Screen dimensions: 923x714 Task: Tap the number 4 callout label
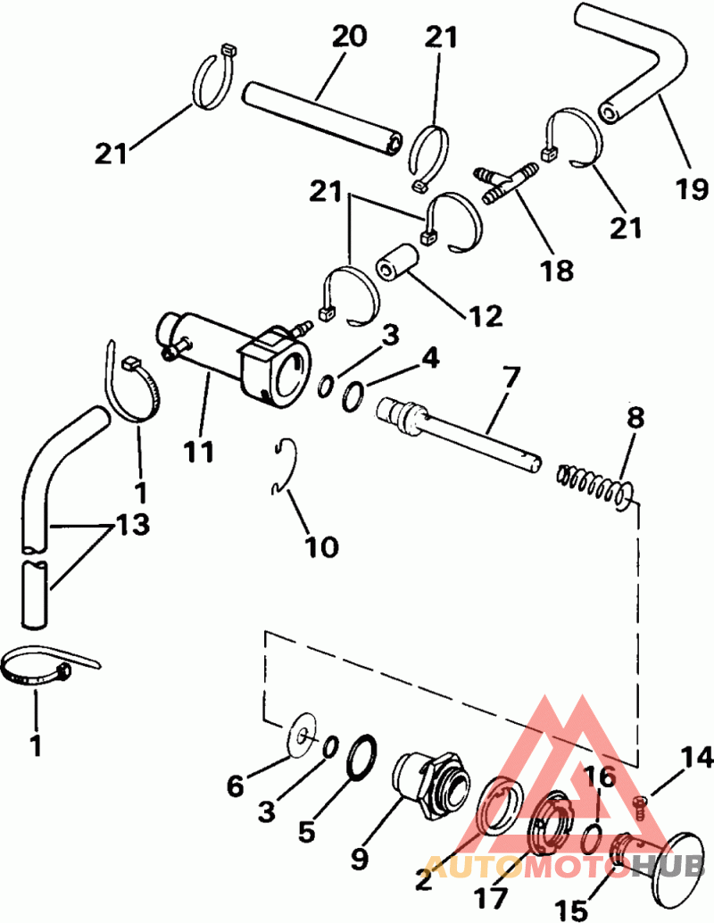(430, 361)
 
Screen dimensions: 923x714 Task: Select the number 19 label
(693, 190)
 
